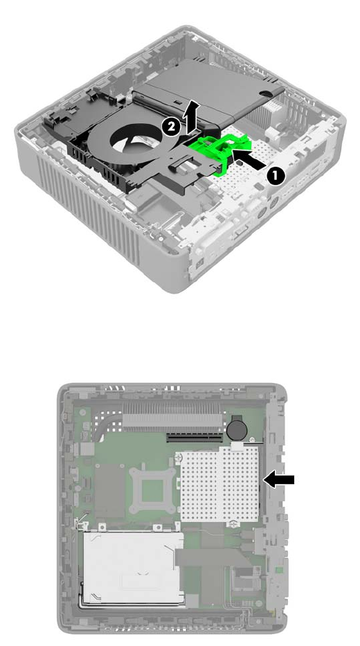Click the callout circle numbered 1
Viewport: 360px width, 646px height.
tap(275, 175)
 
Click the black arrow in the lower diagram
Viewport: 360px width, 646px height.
tap(279, 480)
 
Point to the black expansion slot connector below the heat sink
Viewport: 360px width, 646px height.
tap(195, 437)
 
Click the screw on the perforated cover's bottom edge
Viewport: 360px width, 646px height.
tap(233, 524)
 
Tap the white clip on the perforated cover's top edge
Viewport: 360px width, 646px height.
tap(236, 445)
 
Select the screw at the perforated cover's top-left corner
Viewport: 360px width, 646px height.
tap(179, 457)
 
